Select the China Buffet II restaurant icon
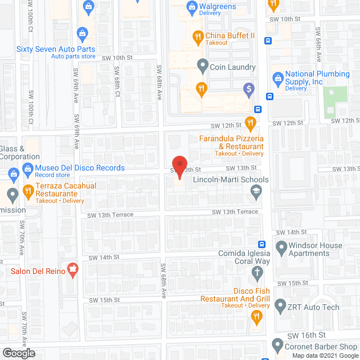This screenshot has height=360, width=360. (x=197, y=37)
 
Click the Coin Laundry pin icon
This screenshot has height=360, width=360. (x=202, y=66)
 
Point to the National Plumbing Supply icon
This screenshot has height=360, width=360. (x=277, y=77)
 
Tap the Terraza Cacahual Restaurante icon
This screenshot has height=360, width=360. (x=27, y=189)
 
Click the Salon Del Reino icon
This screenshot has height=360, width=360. (x=71, y=270)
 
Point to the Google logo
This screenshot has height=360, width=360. (x=18, y=353)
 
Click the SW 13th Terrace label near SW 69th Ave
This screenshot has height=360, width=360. (x=110, y=215)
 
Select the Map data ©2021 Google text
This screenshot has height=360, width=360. (x=324, y=355)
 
